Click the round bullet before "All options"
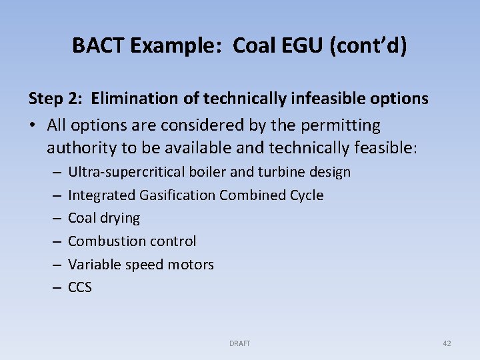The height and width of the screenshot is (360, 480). point(33,125)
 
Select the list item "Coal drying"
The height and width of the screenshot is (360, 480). point(104,218)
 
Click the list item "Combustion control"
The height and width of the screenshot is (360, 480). point(132,241)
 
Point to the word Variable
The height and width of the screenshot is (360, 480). point(93,265)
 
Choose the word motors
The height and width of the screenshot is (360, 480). point(193,265)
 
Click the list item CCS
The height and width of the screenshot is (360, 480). point(80,288)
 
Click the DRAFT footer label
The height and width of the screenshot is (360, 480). point(239,343)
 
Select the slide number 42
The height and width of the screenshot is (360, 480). point(447,343)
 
